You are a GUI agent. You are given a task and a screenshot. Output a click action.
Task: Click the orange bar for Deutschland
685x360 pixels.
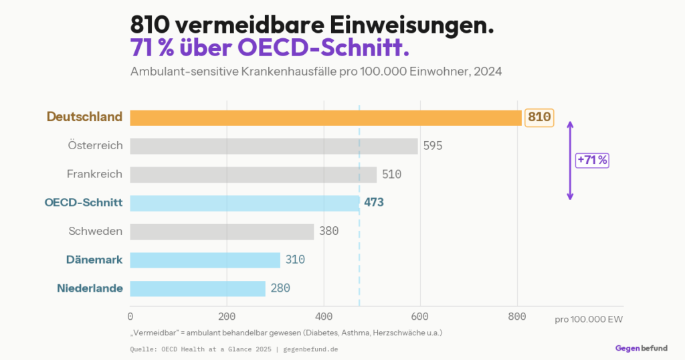point(326,118)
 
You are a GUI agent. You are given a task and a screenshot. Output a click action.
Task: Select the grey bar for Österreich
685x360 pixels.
point(274,146)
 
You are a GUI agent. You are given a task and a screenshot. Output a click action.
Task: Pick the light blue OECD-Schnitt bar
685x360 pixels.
point(244,203)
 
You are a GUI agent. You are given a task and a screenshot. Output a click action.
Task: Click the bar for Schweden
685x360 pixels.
point(221,232)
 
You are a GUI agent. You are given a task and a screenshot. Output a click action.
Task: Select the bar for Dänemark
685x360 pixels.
point(205,260)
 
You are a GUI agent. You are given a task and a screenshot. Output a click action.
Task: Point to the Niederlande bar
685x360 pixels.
point(197,288)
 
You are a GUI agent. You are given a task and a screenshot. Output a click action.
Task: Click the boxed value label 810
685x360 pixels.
point(539,118)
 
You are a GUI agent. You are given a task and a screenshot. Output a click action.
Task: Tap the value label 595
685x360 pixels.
point(433,146)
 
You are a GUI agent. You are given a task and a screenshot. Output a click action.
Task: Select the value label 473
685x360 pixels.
point(374,203)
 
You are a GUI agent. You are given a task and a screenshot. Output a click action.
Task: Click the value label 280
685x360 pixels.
point(280,288)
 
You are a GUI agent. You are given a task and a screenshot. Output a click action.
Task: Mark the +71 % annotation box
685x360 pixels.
point(592,161)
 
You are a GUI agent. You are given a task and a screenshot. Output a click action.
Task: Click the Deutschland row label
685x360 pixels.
point(84,117)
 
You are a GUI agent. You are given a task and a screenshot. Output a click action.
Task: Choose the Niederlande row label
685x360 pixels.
point(90,288)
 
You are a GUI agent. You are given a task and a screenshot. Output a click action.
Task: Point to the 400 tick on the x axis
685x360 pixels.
point(324,317)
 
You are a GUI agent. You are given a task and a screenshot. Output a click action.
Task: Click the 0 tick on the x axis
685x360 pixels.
point(130,317)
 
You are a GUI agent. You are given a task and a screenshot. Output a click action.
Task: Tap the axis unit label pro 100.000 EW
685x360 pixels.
point(588,319)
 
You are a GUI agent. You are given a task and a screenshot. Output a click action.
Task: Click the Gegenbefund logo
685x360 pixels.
point(641,348)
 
